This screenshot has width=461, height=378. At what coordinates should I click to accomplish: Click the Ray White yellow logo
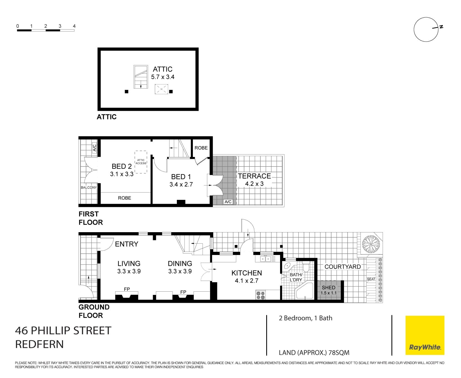coord(425,335)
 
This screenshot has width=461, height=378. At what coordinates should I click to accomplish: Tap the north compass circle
coord(426,29)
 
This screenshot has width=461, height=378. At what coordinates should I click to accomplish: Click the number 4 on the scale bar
coord(74,26)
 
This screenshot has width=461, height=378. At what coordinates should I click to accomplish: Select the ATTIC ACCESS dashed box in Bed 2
coord(141,162)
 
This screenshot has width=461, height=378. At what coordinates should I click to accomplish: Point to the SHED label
coord(328,287)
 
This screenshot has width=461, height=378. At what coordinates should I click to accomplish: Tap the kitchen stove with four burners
coord(261,295)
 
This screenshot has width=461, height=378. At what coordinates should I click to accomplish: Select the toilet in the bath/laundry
coord(306,267)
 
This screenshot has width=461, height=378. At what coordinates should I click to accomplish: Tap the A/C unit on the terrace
coord(228,201)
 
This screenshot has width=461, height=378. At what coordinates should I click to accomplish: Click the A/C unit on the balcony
coord(94,148)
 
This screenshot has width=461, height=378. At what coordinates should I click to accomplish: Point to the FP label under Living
coord(127,289)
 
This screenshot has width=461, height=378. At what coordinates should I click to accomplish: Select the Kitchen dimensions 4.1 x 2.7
coord(246,281)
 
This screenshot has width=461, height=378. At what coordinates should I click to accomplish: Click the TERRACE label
coord(254,176)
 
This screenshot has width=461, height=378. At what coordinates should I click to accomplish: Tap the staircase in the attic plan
coord(141,77)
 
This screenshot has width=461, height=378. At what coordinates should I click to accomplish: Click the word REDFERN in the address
coord(39,344)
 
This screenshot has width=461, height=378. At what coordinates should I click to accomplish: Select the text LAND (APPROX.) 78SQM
coord(314,353)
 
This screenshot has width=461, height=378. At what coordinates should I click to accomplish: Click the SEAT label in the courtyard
coord(371,279)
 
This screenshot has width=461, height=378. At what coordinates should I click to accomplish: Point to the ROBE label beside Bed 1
coord(201,148)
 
